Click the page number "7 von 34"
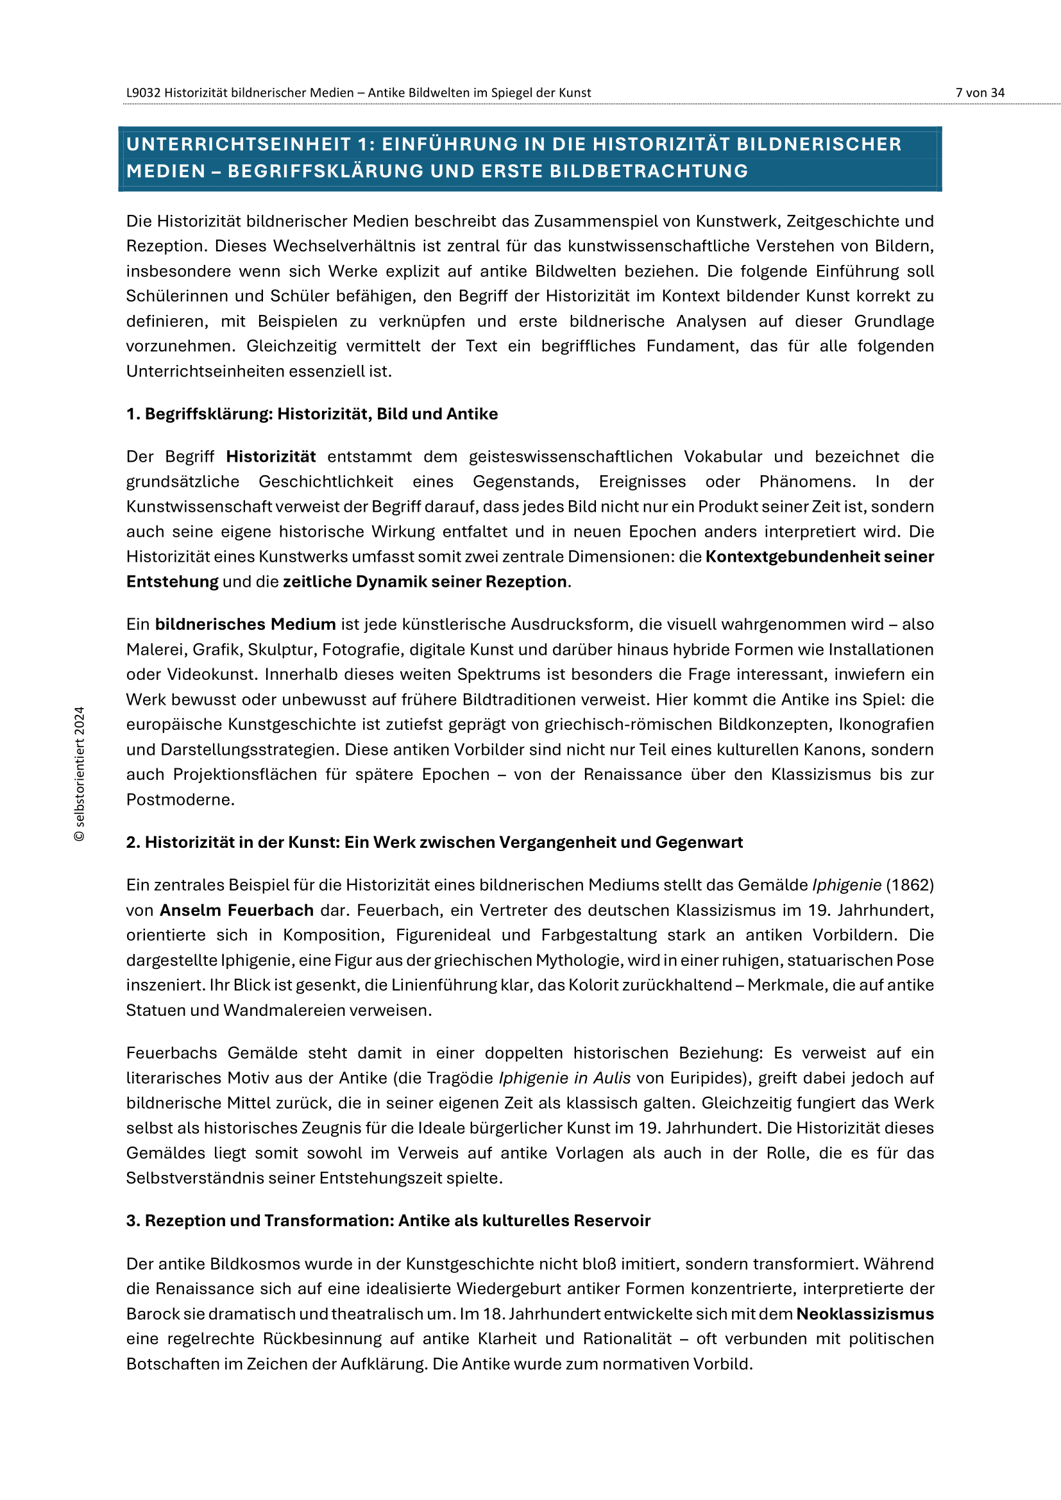tap(980, 93)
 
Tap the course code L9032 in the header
tap(143, 93)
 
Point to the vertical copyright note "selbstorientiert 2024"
tap(79, 773)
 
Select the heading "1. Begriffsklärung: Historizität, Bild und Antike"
tap(312, 414)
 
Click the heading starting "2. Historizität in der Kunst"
tap(434, 842)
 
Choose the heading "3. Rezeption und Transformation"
tap(388, 1220)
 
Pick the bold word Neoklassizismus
tap(865, 1314)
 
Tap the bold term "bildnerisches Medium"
tap(245, 625)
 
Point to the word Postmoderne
tap(180, 800)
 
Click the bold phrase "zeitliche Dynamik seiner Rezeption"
tap(425, 582)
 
